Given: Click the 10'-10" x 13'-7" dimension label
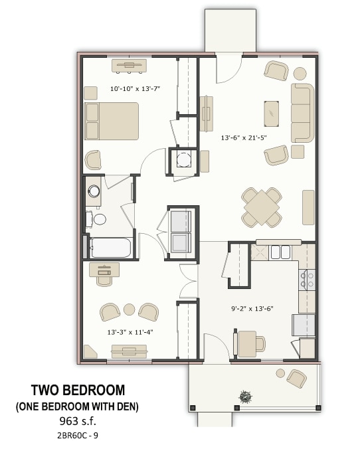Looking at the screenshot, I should pos(135,88).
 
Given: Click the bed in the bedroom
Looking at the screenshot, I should pos(111,121).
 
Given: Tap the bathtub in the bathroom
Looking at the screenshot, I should pos(112,247).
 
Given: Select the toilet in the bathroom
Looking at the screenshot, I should pos(97,219).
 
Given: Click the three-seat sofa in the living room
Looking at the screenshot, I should pos(302,112).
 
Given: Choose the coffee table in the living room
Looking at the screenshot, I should pos(272,113).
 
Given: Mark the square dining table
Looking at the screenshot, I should pos(262,207).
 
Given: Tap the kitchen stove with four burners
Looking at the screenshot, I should pos(307,280).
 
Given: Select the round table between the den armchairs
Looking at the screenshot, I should pos(130,310).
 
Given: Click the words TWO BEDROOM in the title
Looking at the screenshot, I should pos(78,390).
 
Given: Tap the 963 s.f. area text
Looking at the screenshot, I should pos(78,420).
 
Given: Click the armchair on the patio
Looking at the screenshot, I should pos(297,379).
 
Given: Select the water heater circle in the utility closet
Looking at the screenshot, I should pos(183,159).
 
